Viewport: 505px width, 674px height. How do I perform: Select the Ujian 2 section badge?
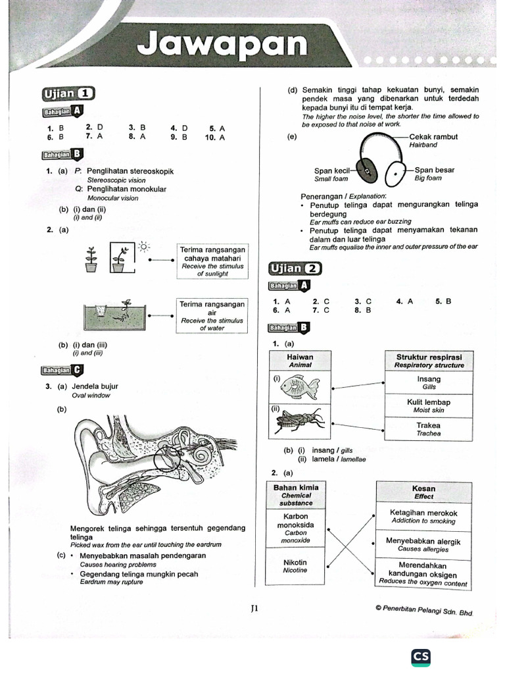click(x=295, y=268)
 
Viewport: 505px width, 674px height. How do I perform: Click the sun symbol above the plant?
click(x=144, y=246)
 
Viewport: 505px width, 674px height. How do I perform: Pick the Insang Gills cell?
click(x=429, y=382)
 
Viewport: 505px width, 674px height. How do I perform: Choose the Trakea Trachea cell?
click(x=429, y=428)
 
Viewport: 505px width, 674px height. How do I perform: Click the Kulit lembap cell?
click(x=429, y=405)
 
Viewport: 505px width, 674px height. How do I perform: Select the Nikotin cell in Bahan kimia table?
click(x=295, y=566)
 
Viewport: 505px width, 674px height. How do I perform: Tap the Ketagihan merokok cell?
click(x=423, y=516)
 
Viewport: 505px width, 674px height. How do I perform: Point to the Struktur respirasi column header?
click(x=429, y=360)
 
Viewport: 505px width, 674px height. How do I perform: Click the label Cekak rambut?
click(x=433, y=137)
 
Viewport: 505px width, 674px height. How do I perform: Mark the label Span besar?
click(x=434, y=170)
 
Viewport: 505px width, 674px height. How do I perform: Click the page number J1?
click(x=255, y=609)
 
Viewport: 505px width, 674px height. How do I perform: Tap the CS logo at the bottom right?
click(x=421, y=656)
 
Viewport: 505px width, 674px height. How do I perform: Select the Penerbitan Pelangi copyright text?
click(x=424, y=610)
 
